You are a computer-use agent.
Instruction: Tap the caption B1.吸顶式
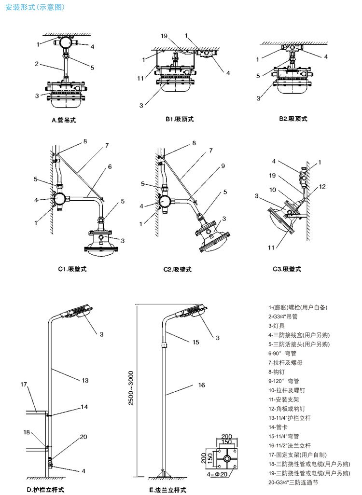click(x=179, y=119)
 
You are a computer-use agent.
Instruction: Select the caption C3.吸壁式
click(x=290, y=269)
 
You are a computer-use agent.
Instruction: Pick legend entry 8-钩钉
click(x=279, y=371)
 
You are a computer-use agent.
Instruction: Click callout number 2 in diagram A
click(x=37, y=64)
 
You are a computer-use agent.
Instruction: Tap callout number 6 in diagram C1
click(x=110, y=166)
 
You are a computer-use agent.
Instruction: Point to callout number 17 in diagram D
click(x=24, y=384)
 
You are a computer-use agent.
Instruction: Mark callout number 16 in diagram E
click(x=201, y=385)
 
